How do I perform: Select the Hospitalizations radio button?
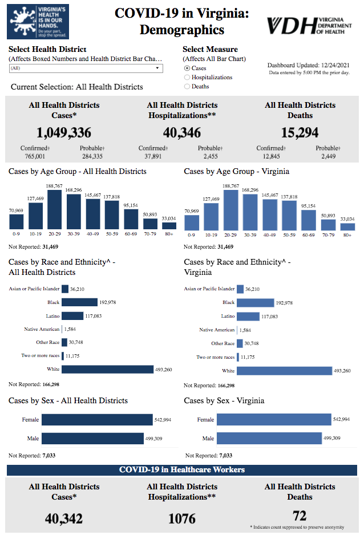click(187, 78)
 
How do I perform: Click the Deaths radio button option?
click(187, 87)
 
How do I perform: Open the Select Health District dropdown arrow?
click(157, 68)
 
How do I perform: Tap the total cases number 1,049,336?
click(64, 133)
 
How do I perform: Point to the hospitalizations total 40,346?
click(182, 133)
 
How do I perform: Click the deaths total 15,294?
click(300, 133)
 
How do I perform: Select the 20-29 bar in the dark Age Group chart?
click(55, 209)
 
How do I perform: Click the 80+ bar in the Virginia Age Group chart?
click(347, 226)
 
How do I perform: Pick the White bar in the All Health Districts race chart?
click(108, 370)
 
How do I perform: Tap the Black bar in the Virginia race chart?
click(255, 303)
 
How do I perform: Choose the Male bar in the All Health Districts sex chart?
click(92, 439)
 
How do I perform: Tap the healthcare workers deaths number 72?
click(300, 516)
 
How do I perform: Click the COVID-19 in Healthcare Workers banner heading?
click(182, 469)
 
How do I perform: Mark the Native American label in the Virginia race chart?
click(217, 330)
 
